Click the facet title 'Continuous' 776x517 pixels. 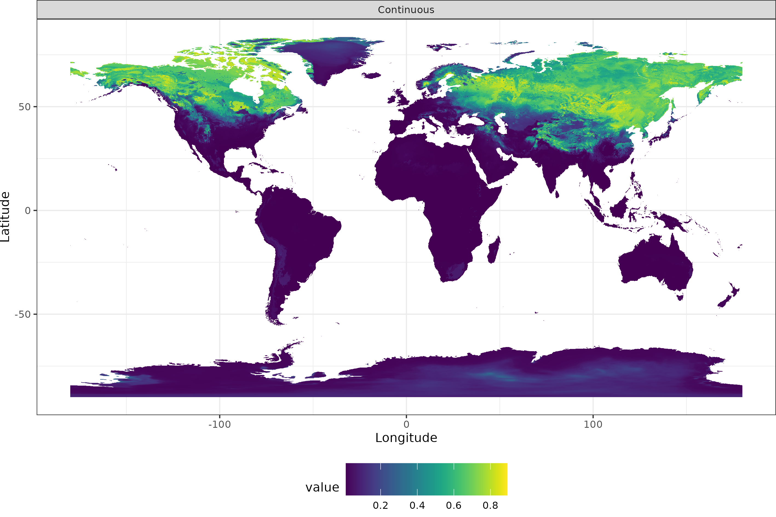pyautogui.click(x=406, y=10)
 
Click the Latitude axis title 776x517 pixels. pyautogui.click(x=5, y=217)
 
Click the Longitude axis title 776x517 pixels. pyautogui.click(x=406, y=438)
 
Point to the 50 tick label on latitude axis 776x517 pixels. pyautogui.click(x=24, y=107)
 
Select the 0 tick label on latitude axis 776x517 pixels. pyautogui.click(x=28, y=210)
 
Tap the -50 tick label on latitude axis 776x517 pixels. pyautogui.click(x=23, y=314)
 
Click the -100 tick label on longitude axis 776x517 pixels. pyautogui.click(x=219, y=424)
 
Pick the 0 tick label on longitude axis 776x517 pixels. pyautogui.click(x=406, y=424)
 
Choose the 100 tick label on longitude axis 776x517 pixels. pyautogui.click(x=593, y=424)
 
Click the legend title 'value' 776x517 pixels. pyautogui.click(x=322, y=487)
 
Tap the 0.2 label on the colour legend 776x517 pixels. pyautogui.click(x=381, y=506)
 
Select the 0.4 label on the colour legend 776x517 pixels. pyautogui.click(x=417, y=506)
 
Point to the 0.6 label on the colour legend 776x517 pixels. pyautogui.click(x=454, y=506)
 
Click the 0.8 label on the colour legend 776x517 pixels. pyautogui.click(x=490, y=506)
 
